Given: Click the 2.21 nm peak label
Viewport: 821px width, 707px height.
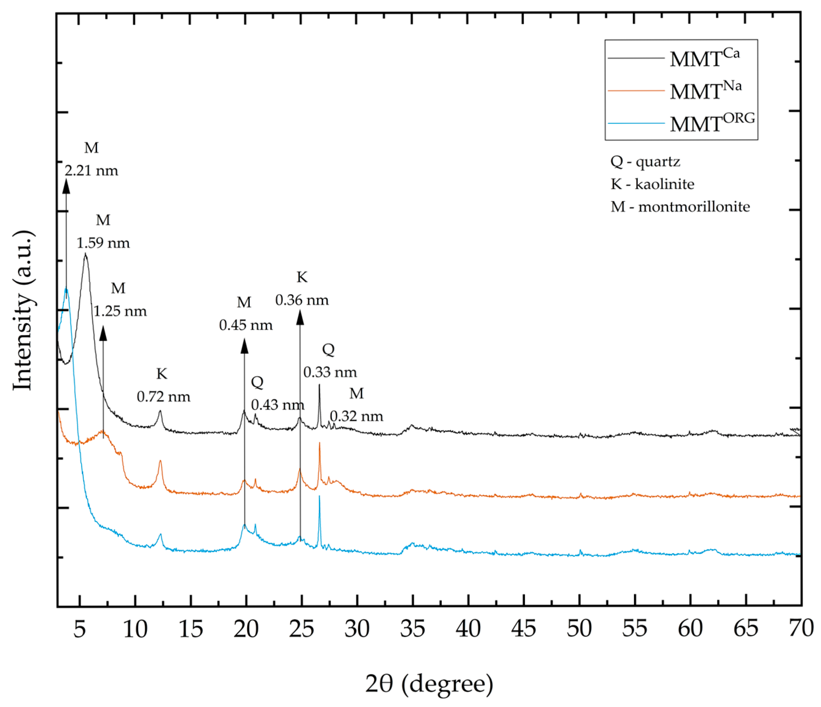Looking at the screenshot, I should point(91,171).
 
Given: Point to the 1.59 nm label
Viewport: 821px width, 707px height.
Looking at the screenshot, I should point(103,243).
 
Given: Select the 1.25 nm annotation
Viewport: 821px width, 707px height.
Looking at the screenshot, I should point(120,311).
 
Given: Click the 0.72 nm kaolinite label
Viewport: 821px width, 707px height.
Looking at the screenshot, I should point(163,397).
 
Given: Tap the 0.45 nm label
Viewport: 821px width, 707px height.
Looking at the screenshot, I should point(246,325).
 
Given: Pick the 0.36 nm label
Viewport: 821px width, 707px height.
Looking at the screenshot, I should point(302,300).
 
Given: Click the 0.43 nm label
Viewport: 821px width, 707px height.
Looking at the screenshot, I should point(278,405).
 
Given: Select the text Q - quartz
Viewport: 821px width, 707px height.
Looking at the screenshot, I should point(645,161).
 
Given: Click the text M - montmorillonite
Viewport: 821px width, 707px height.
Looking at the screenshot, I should point(680,207).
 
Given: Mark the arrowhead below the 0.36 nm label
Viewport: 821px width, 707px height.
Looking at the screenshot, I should point(300,318).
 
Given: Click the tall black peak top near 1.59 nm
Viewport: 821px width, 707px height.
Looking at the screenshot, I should point(85,255).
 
